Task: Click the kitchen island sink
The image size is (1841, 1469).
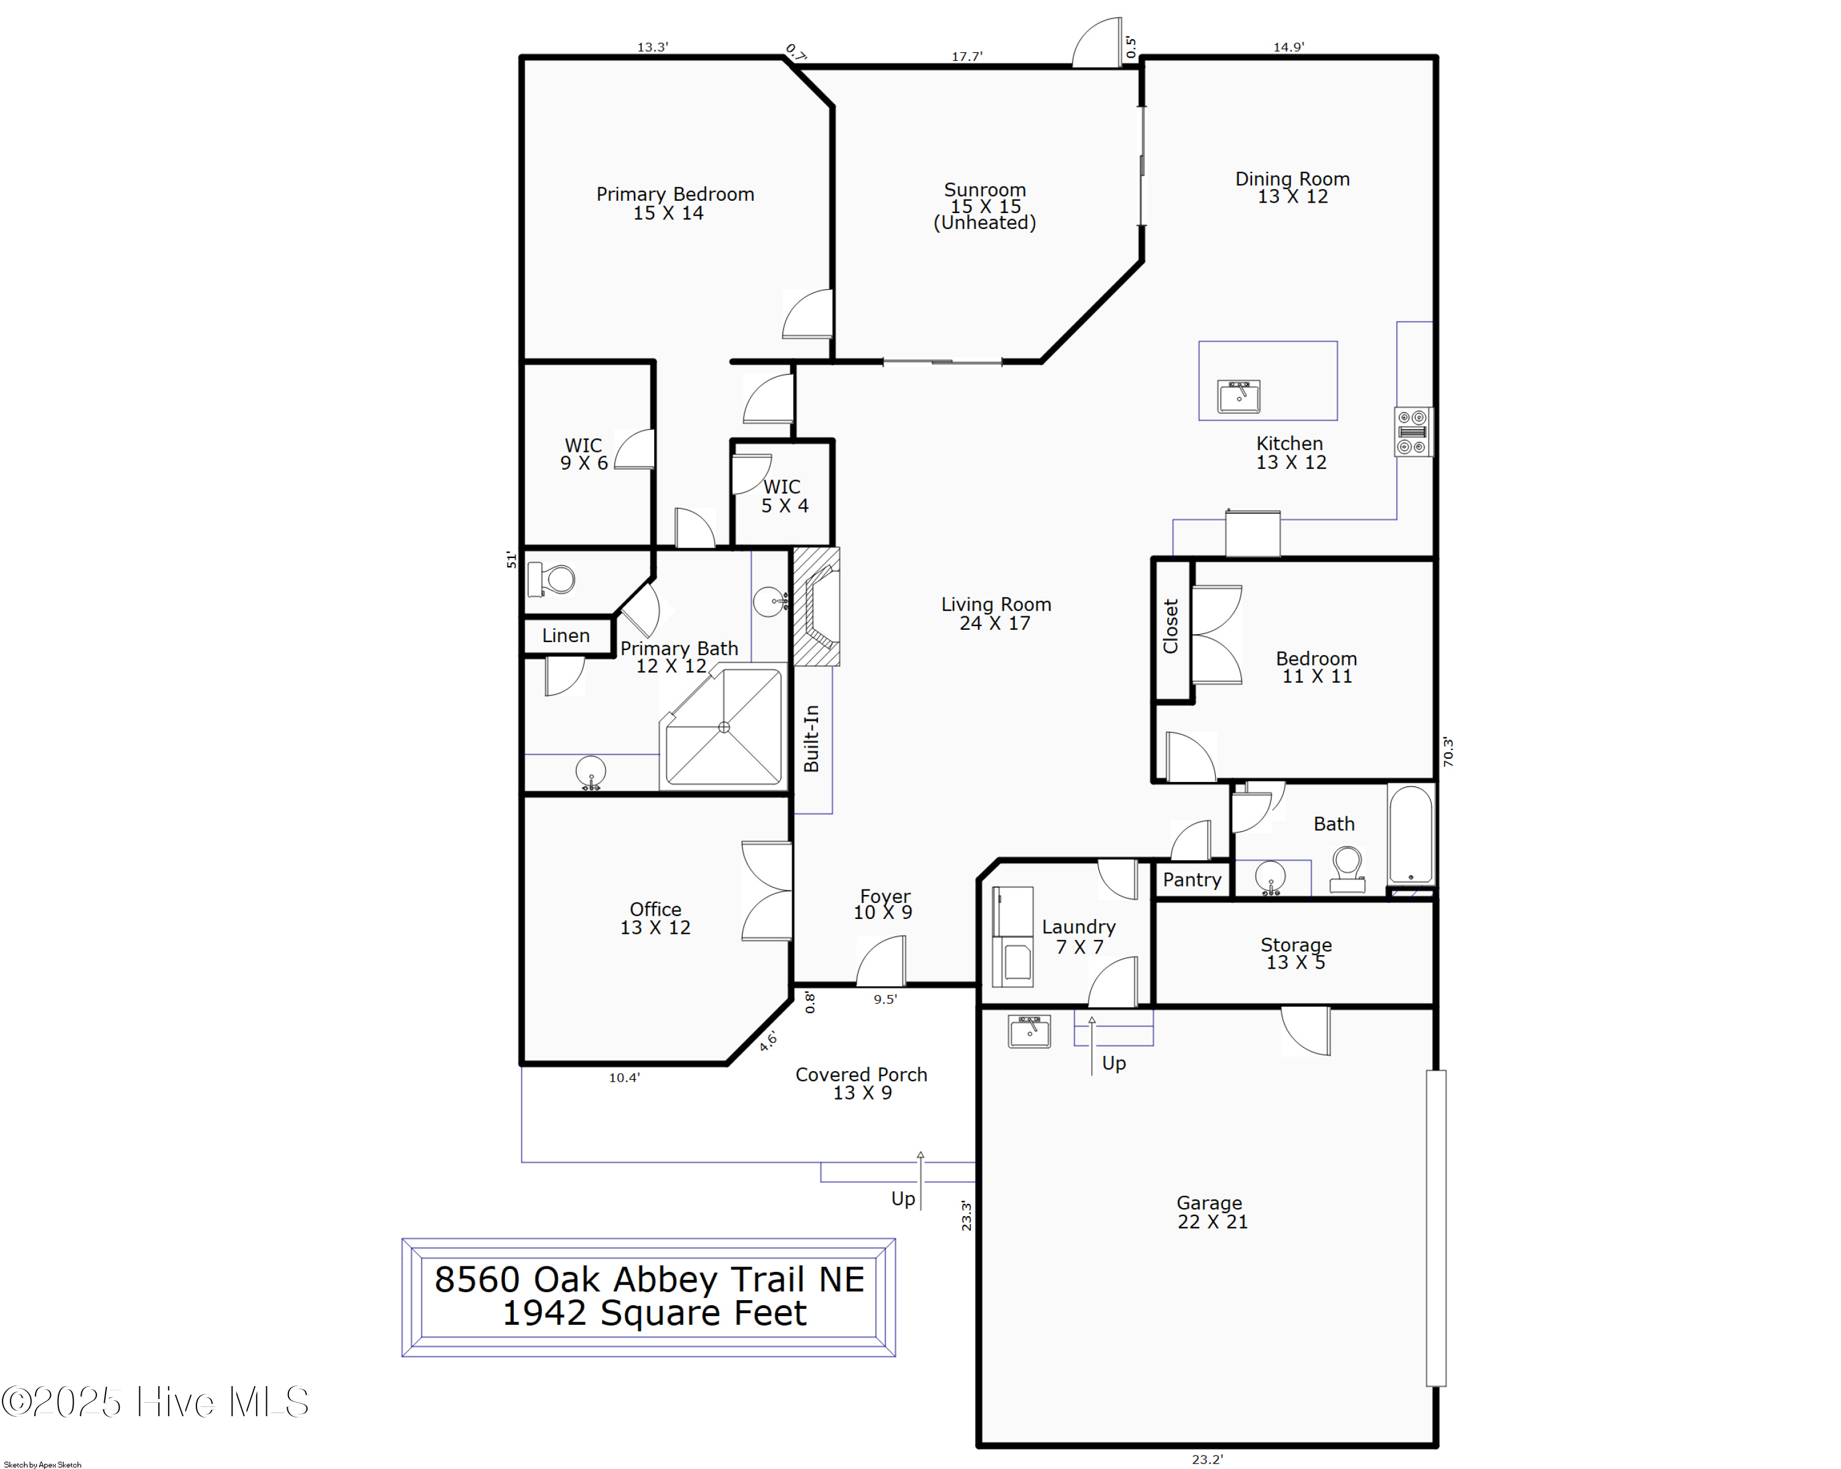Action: tap(1238, 397)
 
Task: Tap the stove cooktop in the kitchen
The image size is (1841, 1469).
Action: tap(1412, 432)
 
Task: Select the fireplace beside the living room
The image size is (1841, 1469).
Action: tap(816, 607)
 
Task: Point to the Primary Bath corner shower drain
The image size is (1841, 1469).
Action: tap(724, 727)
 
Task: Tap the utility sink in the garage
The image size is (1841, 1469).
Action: tap(1029, 1031)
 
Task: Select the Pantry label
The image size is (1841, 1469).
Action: tap(1191, 880)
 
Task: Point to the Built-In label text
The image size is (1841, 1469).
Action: tap(811, 738)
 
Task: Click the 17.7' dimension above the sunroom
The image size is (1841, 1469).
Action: tap(967, 56)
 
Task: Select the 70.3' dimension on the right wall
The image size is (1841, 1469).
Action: tap(1448, 751)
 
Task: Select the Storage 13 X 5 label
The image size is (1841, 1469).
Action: tap(1296, 953)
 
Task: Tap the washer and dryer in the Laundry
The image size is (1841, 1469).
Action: tap(1013, 937)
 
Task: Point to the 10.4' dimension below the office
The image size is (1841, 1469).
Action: tap(624, 1078)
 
